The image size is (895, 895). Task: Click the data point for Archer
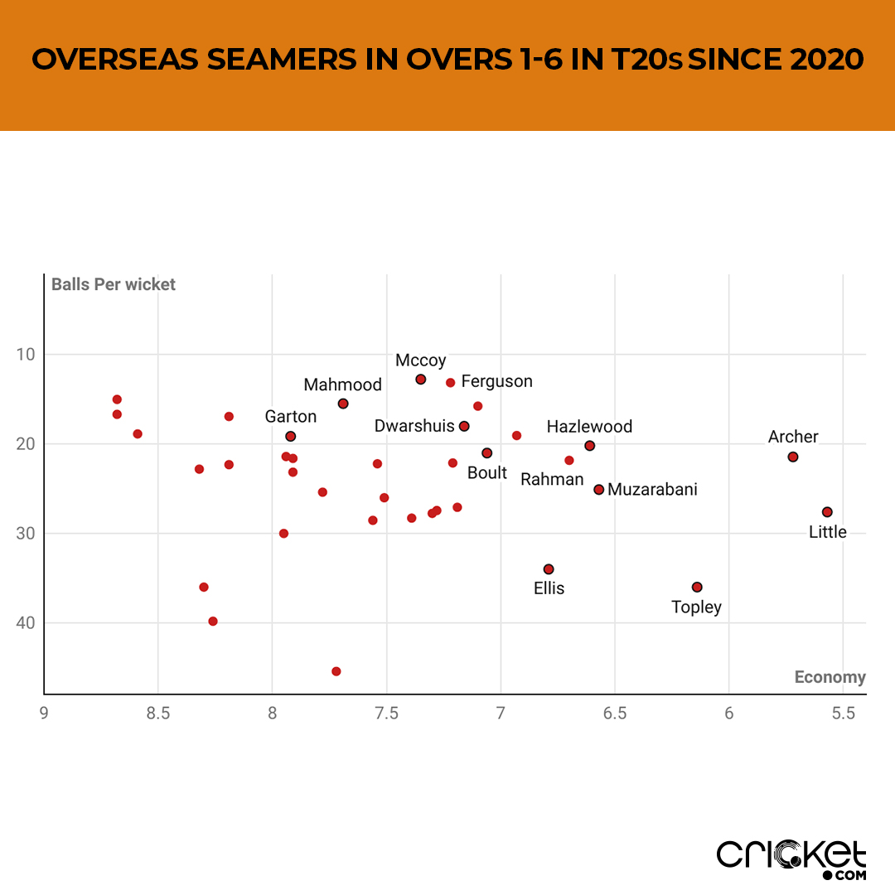pyautogui.click(x=793, y=457)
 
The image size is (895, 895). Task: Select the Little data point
pyautogui.click(x=827, y=512)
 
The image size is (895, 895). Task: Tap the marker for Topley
pyautogui.click(x=697, y=587)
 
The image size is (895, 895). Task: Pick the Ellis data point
pyautogui.click(x=549, y=568)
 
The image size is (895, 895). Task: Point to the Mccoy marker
pyautogui.click(x=421, y=379)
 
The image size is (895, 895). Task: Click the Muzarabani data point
pyautogui.click(x=599, y=489)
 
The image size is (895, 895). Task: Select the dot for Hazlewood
pyautogui.click(x=590, y=445)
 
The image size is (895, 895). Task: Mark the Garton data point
pyautogui.click(x=291, y=436)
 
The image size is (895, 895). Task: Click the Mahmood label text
pyautogui.click(x=342, y=385)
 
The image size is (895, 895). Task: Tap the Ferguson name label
pyautogui.click(x=496, y=381)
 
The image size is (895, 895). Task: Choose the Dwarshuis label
pyautogui.click(x=414, y=426)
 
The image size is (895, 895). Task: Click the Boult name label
pyautogui.click(x=487, y=472)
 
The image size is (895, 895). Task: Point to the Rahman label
pyautogui.click(x=552, y=479)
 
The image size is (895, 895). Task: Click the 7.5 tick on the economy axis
pyautogui.click(x=386, y=713)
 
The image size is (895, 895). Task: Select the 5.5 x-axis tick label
pyautogui.click(x=843, y=713)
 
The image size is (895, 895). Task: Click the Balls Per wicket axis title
pyautogui.click(x=114, y=284)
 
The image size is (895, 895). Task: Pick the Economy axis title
pyautogui.click(x=830, y=677)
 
